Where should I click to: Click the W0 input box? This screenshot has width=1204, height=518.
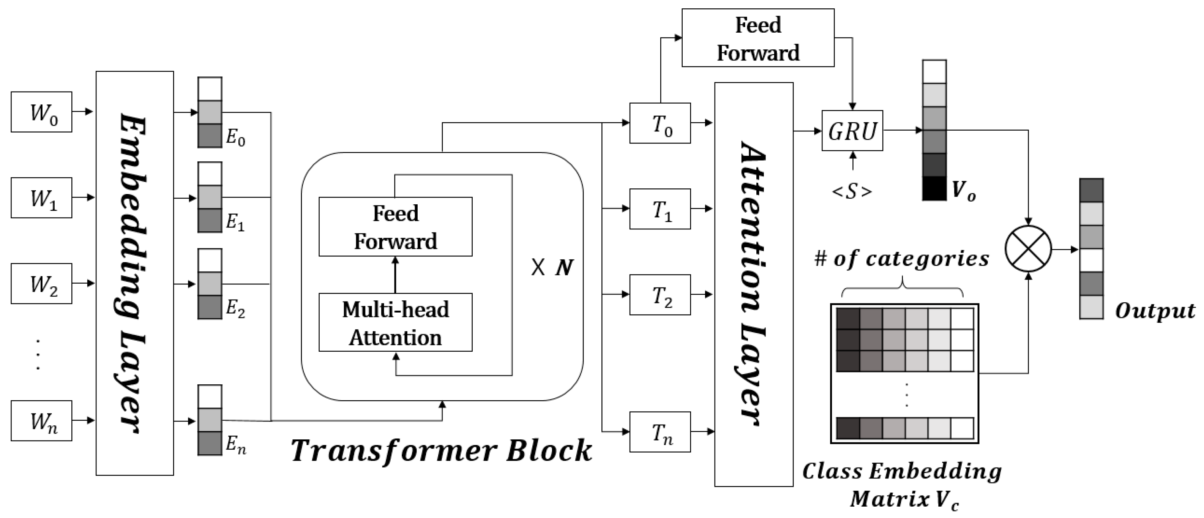pyautogui.click(x=42, y=112)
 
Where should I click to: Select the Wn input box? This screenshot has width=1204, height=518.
pyautogui.click(x=42, y=421)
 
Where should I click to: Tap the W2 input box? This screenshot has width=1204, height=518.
pyautogui.click(x=42, y=283)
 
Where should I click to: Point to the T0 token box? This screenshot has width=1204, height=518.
pyautogui.click(x=660, y=123)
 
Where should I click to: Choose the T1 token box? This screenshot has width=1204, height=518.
pyautogui.click(x=660, y=209)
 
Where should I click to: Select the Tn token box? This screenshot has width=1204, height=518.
pyautogui.click(x=660, y=432)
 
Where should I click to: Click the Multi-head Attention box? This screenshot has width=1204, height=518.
pyautogui.click(x=395, y=322)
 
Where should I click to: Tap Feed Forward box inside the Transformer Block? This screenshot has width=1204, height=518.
pyautogui.click(x=395, y=227)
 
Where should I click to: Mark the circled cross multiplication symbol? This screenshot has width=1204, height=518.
pyautogui.click(x=1028, y=249)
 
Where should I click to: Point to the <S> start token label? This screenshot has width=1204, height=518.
pyautogui.click(x=852, y=192)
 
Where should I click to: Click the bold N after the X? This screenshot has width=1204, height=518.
pyautogui.click(x=565, y=267)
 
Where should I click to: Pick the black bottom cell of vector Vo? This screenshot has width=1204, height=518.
pyautogui.click(x=934, y=188)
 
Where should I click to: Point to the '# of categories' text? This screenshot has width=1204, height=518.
pyautogui.click(x=902, y=259)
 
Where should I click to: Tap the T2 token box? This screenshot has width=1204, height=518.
pyautogui.click(x=660, y=295)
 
